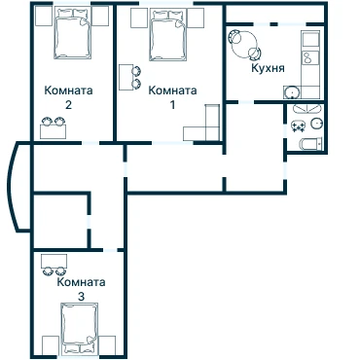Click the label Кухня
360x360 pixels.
click(x=268, y=69)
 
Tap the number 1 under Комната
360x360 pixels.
click(x=172, y=105)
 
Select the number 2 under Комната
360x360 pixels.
click(x=68, y=105)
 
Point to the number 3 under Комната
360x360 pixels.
click(x=81, y=297)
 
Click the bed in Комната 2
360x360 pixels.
click(x=72, y=33)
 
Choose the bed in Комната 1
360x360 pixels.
click(x=168, y=35)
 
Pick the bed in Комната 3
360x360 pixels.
click(x=80, y=328)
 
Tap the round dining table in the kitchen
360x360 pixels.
click(x=244, y=45)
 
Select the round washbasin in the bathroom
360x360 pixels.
click(x=316, y=124)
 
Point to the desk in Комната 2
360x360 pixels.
click(x=53, y=131)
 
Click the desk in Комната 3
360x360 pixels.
click(x=54, y=261)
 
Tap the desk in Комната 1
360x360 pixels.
click(x=126, y=77)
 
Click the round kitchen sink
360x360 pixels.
click(x=293, y=92)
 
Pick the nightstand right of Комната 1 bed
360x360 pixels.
click(x=196, y=18)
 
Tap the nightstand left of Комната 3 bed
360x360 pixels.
click(x=51, y=345)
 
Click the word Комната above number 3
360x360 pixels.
click(x=81, y=282)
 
